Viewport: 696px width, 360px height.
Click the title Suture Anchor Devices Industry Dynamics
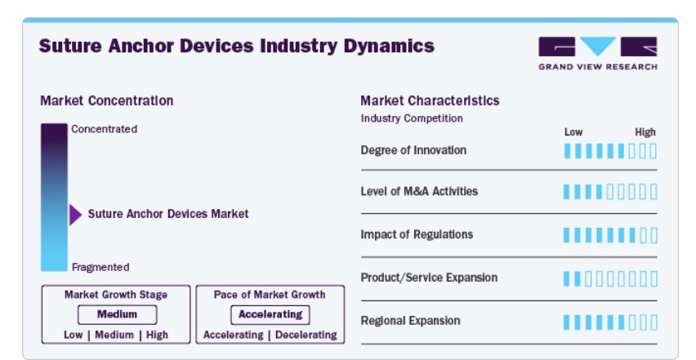[237, 46]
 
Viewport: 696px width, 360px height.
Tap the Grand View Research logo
[597, 53]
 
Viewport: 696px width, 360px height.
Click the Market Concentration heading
[107, 100]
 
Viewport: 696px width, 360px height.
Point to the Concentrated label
[105, 129]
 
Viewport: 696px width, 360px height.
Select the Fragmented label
[100, 267]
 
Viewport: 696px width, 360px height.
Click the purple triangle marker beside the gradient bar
[75, 215]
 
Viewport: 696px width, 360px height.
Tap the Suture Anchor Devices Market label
[168, 214]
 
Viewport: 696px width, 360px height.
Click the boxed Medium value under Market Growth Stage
[117, 314]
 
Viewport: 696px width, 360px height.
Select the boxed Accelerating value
[270, 314]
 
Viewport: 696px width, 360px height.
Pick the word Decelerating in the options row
[306, 335]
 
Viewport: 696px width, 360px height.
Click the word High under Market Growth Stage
[157, 335]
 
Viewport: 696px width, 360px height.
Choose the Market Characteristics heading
[430, 100]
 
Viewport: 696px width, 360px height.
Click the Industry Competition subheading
[412, 118]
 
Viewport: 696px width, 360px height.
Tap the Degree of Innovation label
[413, 150]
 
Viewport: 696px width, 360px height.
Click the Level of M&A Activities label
[419, 191]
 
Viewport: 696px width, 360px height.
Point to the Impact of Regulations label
[417, 234]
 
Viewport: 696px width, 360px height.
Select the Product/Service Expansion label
[429, 278]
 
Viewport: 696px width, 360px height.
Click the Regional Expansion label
[411, 321]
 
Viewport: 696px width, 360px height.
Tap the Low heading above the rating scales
[573, 132]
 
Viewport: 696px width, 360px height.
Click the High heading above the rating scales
[645, 132]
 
